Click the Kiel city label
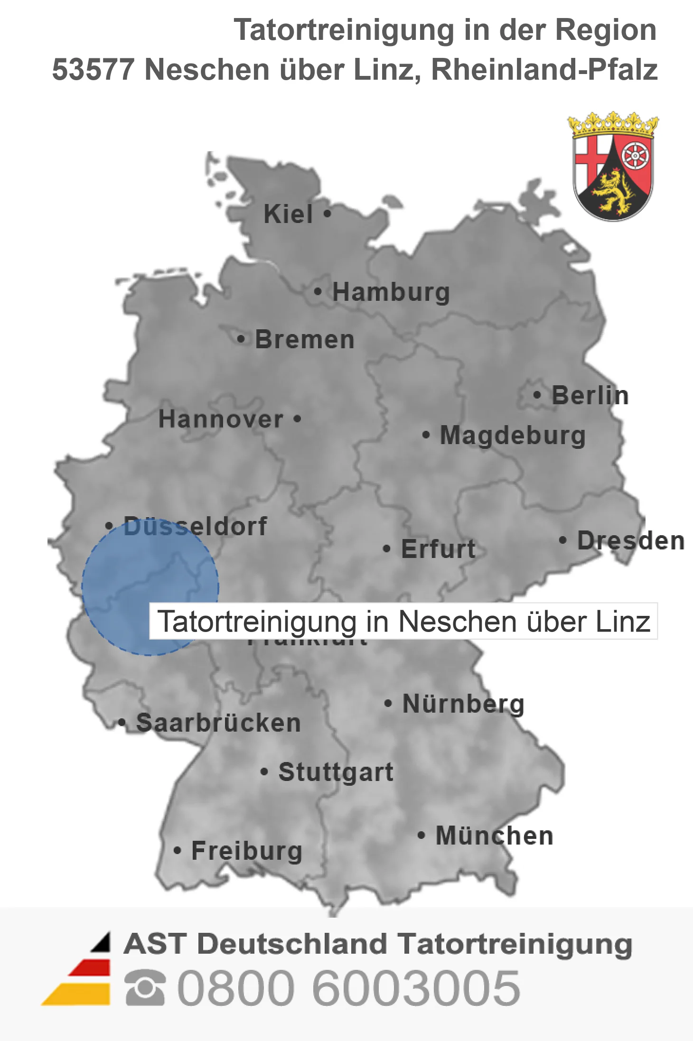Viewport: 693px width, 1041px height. click(288, 214)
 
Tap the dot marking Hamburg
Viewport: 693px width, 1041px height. click(318, 291)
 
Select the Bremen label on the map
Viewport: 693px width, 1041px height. click(305, 340)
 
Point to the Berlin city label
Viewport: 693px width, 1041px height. click(590, 395)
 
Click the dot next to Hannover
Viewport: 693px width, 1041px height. click(297, 418)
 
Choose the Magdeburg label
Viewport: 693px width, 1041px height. click(513, 436)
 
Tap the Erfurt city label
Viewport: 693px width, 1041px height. click(438, 549)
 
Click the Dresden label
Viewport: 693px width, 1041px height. click(631, 541)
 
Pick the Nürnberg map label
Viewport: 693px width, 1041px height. click(463, 704)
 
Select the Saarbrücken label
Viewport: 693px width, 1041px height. click(218, 723)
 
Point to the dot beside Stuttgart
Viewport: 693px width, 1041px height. click(264, 772)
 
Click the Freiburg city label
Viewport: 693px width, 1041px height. click(247, 851)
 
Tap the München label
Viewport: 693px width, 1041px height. click(495, 836)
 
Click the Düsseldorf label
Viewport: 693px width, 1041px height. click(195, 526)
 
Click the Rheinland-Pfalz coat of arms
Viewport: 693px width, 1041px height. click(613, 167)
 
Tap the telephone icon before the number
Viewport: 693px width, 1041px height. click(145, 988)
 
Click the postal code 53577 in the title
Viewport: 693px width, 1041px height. click(93, 70)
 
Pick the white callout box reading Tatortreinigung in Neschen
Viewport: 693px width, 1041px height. click(403, 621)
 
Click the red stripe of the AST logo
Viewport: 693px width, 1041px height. click(90, 968)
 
